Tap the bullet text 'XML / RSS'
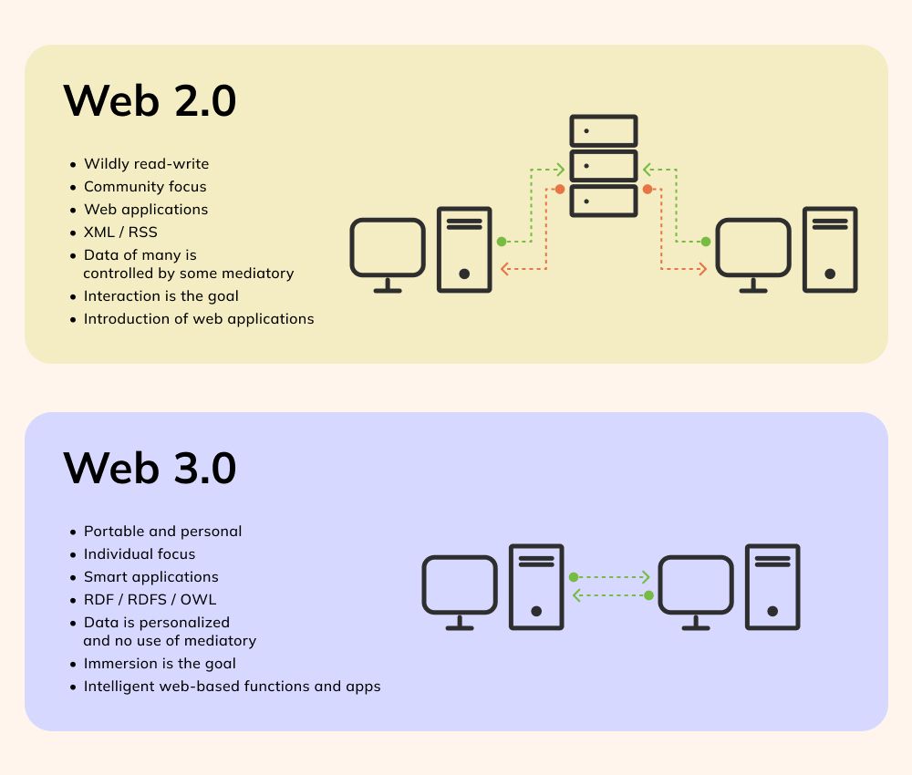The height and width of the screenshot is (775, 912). (x=120, y=232)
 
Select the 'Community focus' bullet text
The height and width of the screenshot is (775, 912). (x=145, y=187)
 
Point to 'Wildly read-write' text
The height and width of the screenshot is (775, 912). (x=146, y=164)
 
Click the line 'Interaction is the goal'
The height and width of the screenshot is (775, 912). (x=161, y=296)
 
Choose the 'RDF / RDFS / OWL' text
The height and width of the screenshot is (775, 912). (x=150, y=600)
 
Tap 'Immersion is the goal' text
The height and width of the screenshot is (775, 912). (x=160, y=664)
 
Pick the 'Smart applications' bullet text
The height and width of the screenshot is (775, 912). (x=151, y=577)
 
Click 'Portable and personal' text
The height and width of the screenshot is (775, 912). (x=162, y=532)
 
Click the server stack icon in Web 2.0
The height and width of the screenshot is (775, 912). (x=603, y=165)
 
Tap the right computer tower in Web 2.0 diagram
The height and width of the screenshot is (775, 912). (x=830, y=250)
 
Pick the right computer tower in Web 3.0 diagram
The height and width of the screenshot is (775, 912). (x=772, y=587)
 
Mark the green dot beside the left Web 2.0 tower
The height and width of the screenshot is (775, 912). (x=502, y=242)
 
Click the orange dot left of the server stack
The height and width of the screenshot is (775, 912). (x=560, y=190)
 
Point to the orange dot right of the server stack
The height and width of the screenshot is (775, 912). (x=647, y=190)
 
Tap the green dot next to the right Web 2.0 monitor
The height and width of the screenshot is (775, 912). (x=705, y=242)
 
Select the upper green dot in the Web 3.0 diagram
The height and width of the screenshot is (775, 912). (x=574, y=577)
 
